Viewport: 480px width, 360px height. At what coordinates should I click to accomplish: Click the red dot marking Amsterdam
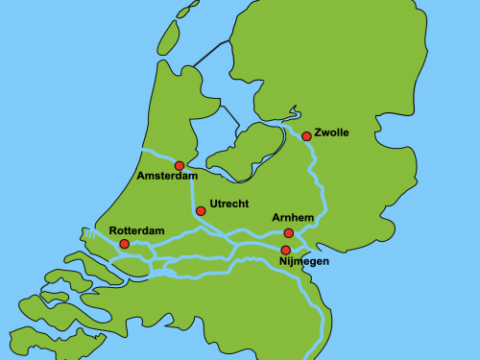click(180, 166)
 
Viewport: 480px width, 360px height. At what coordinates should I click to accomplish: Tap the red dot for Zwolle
click(306, 136)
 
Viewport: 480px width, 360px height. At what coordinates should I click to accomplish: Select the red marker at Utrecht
click(201, 211)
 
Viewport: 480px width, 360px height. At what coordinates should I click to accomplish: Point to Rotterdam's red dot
click(124, 245)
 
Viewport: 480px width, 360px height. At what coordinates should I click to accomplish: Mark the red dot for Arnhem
click(289, 233)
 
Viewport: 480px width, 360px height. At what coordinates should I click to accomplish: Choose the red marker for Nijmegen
click(285, 251)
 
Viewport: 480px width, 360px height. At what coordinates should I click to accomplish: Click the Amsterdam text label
click(167, 178)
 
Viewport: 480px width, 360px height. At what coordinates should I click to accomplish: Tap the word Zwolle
click(331, 132)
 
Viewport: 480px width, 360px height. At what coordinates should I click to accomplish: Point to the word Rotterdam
click(137, 231)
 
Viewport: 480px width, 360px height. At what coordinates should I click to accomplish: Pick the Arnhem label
click(293, 219)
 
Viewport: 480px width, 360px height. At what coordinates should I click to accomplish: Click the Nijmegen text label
click(303, 261)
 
